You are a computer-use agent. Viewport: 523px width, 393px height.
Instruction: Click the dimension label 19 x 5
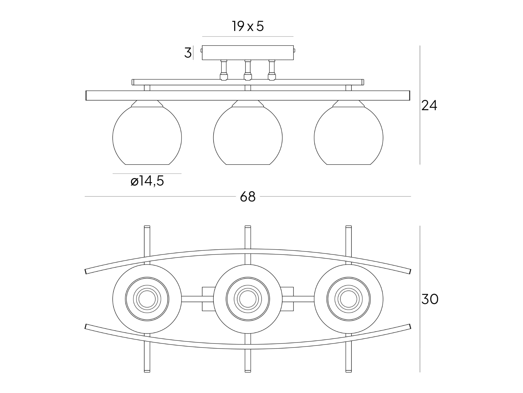(x=248, y=26)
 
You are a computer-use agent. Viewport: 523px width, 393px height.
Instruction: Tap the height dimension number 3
(x=188, y=53)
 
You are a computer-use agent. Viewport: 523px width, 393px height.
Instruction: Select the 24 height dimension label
(x=429, y=105)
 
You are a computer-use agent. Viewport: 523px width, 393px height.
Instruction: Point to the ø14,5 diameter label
(x=147, y=181)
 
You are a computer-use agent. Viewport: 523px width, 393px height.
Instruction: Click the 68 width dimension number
(x=248, y=197)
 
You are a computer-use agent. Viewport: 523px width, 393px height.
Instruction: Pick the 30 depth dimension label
(x=430, y=299)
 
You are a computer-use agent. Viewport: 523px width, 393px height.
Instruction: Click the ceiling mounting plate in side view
(x=248, y=53)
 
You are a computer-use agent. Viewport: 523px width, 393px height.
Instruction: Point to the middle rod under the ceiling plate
(x=248, y=70)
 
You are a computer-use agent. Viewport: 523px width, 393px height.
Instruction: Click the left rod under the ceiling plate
(x=224, y=70)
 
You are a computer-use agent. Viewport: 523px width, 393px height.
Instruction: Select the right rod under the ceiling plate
(x=272, y=70)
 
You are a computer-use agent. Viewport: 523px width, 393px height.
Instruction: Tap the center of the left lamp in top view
(x=147, y=299)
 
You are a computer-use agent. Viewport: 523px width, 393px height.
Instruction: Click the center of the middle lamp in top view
(x=248, y=299)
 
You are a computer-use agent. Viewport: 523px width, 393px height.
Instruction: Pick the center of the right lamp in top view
(x=349, y=299)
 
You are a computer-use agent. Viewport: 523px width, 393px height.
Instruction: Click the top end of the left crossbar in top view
(x=147, y=226)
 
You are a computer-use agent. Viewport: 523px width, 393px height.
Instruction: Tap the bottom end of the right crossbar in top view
(x=349, y=372)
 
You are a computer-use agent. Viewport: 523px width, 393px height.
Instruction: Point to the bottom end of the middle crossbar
(x=248, y=372)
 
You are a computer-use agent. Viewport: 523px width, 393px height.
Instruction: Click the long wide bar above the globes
(x=248, y=95)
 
